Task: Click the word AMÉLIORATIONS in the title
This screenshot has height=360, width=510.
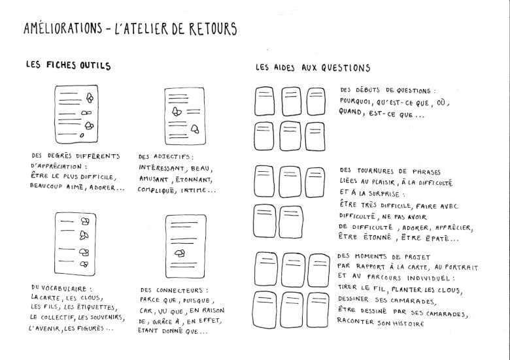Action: tap(63, 28)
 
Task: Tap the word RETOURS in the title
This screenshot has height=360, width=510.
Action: tap(212, 29)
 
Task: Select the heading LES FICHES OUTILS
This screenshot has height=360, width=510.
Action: tap(68, 65)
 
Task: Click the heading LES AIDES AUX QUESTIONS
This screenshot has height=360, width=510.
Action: tap(313, 67)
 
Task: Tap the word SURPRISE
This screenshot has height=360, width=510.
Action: tap(384, 193)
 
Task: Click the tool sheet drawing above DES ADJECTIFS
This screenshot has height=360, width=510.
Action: tap(185, 116)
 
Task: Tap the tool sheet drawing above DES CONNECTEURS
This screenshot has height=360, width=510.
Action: tap(186, 246)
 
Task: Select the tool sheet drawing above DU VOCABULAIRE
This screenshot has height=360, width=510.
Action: tap(75, 244)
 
